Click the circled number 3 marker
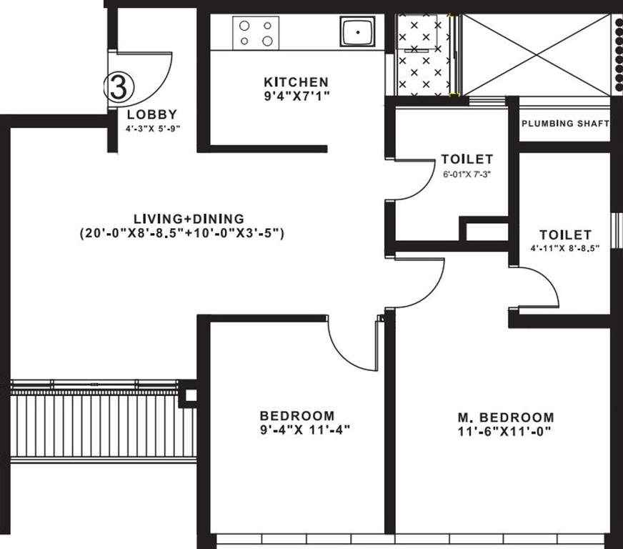click(119, 87)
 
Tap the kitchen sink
click(357, 31)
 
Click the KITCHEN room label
click(296, 82)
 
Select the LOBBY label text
click(152, 114)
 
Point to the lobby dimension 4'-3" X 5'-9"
click(153, 129)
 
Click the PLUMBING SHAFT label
click(565, 123)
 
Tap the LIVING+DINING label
click(189, 219)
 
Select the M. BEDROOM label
click(506, 417)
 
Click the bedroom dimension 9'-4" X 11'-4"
click(305, 430)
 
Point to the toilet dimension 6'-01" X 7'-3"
click(467, 174)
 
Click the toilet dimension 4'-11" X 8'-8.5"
click(564, 248)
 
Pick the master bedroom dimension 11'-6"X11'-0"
click(504, 431)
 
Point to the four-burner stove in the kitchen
click(256, 33)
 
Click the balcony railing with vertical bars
click(104, 425)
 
